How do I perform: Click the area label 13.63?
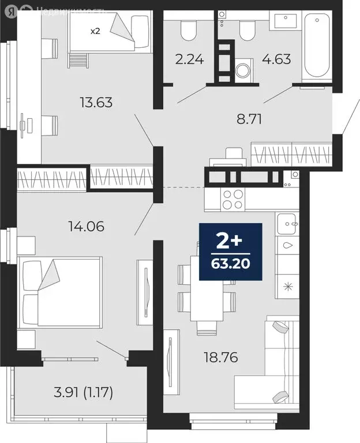point(96,103)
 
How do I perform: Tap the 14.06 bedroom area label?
point(85,227)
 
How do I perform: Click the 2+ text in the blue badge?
point(231,239)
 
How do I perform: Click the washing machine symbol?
point(243,70)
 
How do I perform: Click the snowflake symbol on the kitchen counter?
point(286,285)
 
